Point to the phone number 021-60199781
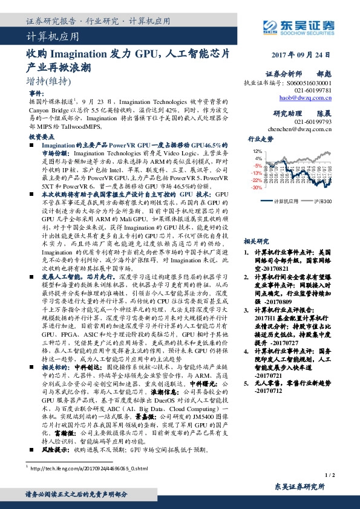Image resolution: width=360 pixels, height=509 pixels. (312, 90)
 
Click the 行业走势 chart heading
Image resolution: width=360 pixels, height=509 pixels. (261, 140)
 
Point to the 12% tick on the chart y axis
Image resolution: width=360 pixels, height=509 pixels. (258, 151)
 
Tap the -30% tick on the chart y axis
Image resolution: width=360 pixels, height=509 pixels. (257, 187)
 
